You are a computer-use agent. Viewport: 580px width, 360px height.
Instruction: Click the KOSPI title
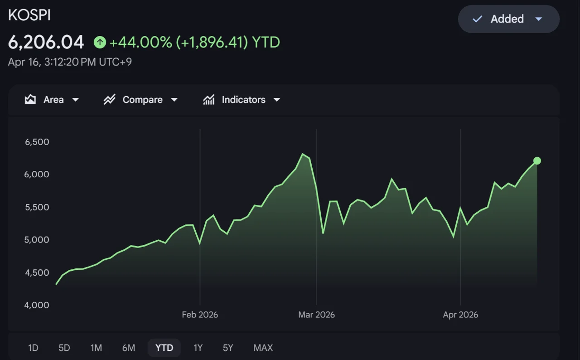tap(29, 15)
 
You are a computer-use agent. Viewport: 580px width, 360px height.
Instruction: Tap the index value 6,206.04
tap(46, 42)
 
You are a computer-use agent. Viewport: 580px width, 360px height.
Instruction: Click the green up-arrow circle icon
tap(100, 42)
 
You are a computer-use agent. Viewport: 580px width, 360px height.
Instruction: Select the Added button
tap(508, 19)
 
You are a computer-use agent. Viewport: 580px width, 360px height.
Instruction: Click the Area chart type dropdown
tap(52, 100)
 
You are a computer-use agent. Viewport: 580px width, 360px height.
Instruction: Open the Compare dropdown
tap(140, 100)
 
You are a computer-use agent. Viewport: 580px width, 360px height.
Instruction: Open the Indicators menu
tap(242, 100)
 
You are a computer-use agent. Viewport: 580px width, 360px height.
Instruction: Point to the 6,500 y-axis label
tap(37, 142)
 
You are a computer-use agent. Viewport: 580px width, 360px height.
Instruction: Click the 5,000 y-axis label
tap(37, 240)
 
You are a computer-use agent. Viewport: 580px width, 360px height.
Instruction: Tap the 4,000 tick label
tap(37, 305)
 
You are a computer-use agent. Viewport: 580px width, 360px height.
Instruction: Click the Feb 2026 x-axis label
tap(200, 315)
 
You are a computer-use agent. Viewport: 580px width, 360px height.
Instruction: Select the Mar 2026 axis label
tap(316, 315)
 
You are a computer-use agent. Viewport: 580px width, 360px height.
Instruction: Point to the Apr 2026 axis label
tap(460, 315)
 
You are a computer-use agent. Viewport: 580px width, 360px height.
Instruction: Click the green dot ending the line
tap(537, 161)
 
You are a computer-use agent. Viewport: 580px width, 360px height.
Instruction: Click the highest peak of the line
tap(302, 154)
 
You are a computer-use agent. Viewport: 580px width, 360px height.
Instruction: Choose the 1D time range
tap(33, 348)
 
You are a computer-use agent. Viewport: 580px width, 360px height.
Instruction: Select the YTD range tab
tap(164, 348)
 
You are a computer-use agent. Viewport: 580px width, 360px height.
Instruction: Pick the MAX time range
tap(263, 348)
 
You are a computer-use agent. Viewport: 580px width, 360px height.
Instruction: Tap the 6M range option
tap(129, 348)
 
